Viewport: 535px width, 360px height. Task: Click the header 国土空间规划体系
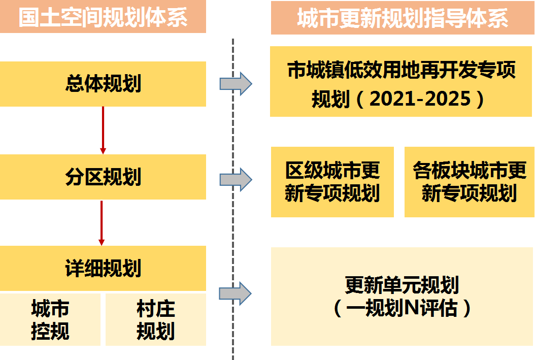tap(103, 17)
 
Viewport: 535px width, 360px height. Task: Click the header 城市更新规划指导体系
tap(403, 18)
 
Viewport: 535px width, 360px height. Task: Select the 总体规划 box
tap(103, 84)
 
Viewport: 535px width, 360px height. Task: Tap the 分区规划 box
tap(103, 177)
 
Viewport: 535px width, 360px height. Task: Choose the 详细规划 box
tap(103, 268)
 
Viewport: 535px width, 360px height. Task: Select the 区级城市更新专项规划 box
tap(332, 182)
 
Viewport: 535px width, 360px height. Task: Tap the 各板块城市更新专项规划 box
tap(470, 182)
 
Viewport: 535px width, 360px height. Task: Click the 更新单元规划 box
tap(402, 297)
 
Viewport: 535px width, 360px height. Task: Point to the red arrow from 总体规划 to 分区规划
tap(103, 130)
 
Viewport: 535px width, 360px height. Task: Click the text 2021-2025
tap(420, 99)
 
